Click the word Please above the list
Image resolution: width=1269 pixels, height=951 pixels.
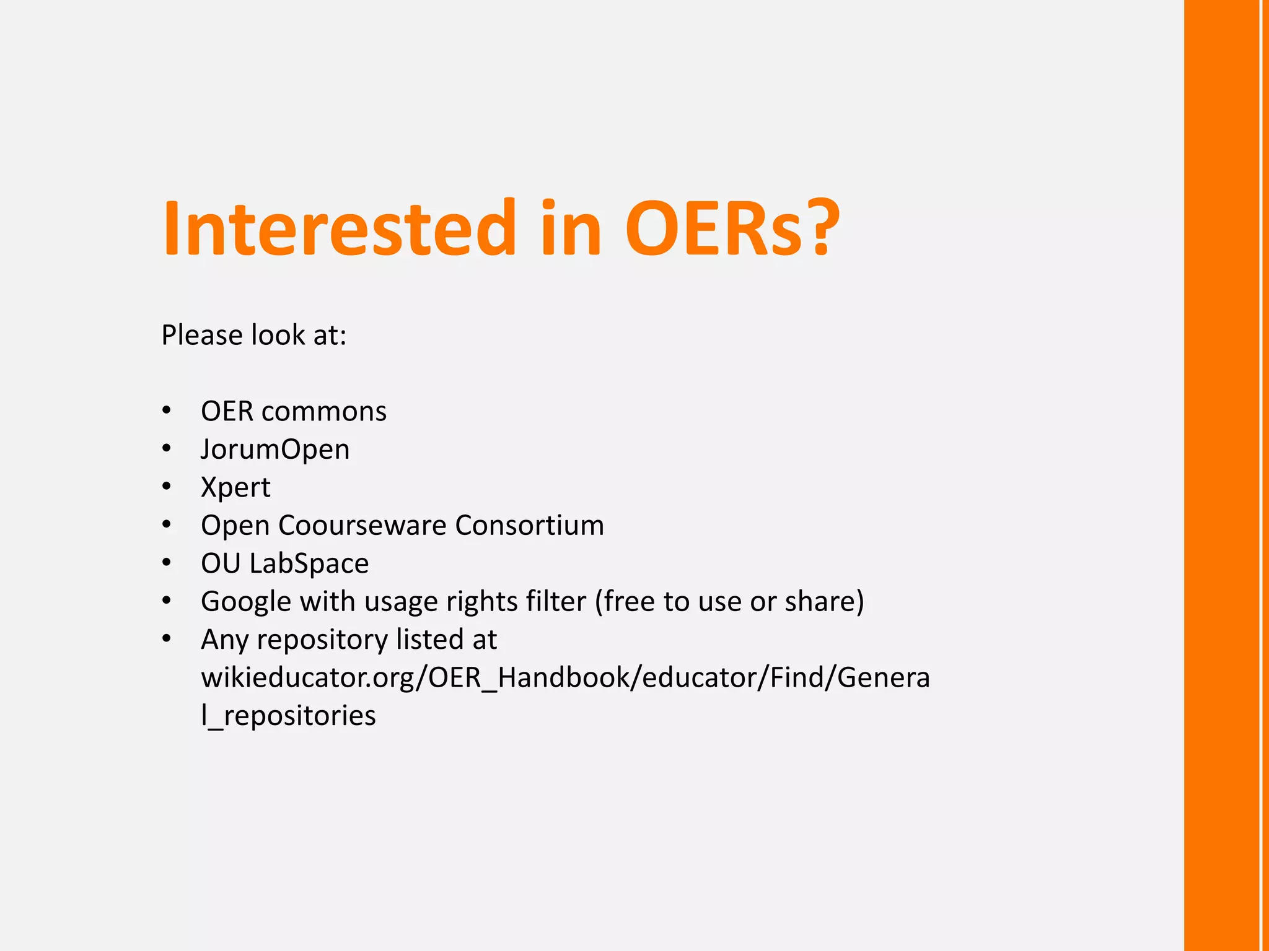pos(202,335)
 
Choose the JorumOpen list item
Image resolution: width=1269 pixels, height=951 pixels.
pos(275,449)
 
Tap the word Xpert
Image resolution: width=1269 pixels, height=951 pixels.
pos(235,488)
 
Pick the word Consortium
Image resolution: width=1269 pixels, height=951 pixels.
pos(529,526)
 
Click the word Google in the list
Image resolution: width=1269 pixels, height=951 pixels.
pos(246,602)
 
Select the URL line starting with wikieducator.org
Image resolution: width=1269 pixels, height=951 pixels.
pos(565,677)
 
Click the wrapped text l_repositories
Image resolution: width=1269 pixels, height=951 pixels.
pos(288,716)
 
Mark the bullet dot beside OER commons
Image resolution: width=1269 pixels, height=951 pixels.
pos(166,410)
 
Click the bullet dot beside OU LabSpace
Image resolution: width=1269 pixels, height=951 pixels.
pos(166,563)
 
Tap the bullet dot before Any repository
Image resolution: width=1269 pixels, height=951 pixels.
pos(166,639)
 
